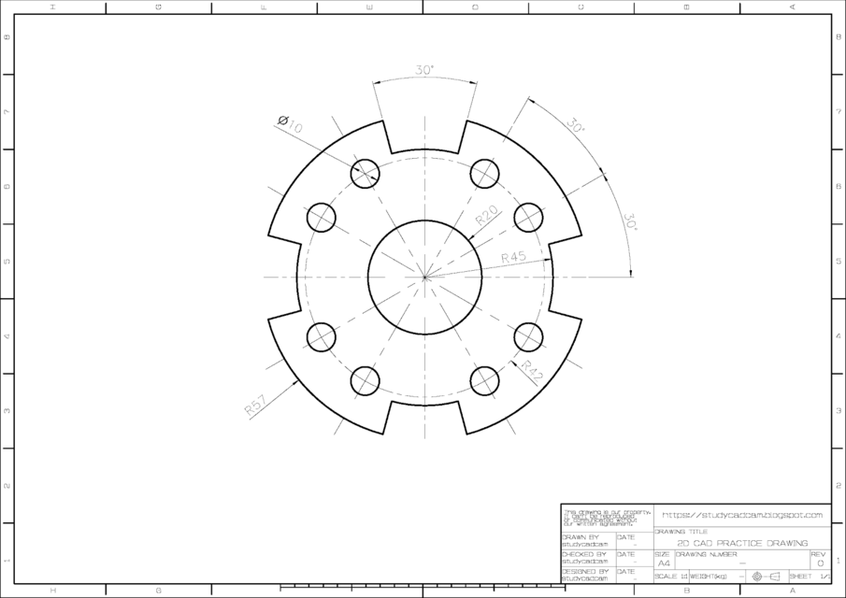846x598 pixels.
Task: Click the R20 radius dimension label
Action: click(486, 217)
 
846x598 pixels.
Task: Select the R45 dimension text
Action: click(513, 257)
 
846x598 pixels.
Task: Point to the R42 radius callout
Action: click(532, 370)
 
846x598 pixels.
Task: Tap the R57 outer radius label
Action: click(254, 404)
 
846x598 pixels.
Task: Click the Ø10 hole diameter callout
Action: click(290, 123)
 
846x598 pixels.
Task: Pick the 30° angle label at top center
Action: click(424, 70)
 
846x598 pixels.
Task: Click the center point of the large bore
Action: click(424, 277)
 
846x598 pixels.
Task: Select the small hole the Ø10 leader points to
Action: click(365, 173)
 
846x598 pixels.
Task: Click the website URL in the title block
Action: click(742, 515)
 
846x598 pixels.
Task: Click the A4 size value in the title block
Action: click(664, 563)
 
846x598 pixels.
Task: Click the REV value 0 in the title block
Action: click(820, 563)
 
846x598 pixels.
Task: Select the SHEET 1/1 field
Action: click(810, 577)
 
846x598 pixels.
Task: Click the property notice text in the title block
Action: click(587, 518)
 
